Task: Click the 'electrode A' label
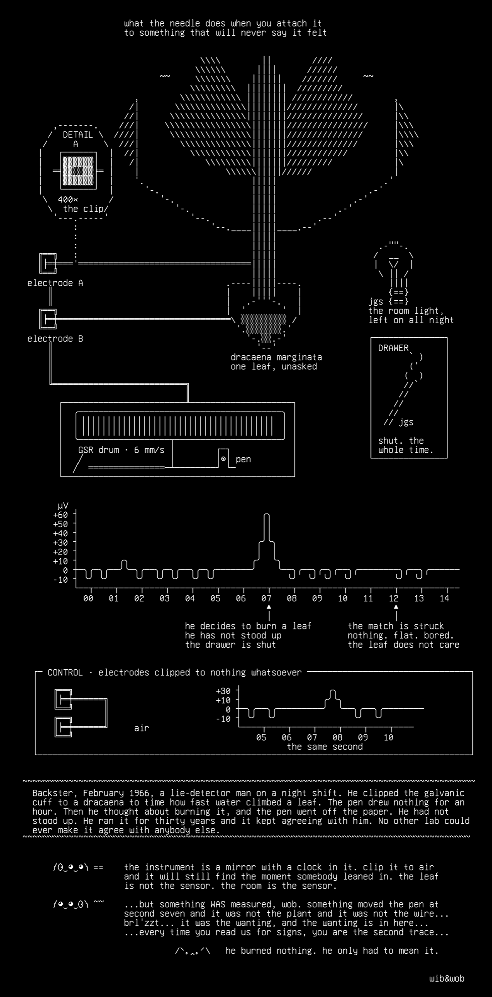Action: pyautogui.click(x=55, y=283)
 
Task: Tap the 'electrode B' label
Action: pyautogui.click(x=55, y=339)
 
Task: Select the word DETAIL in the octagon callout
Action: pyautogui.click(x=78, y=135)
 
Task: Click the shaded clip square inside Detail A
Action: pyautogui.click(x=78, y=170)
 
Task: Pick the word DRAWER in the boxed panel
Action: pyautogui.click(x=393, y=348)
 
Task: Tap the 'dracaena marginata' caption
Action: pyautogui.click(x=276, y=357)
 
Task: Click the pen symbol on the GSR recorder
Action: pyautogui.click(x=223, y=459)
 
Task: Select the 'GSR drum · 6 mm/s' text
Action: pyautogui.click(x=121, y=450)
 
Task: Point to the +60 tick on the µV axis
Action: pyautogui.click(x=61, y=515)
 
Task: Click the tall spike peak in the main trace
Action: pyautogui.click(x=267, y=514)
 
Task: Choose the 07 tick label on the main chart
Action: pyautogui.click(x=266, y=598)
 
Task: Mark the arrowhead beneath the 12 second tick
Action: pyautogui.click(x=396, y=607)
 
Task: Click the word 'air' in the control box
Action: pyautogui.click(x=141, y=728)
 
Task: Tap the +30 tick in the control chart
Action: pyautogui.click(x=223, y=691)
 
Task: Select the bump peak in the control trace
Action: pyautogui.click(x=333, y=690)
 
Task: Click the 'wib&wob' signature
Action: pyautogui.click(x=447, y=978)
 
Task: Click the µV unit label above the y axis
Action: pyautogui.click(x=63, y=506)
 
